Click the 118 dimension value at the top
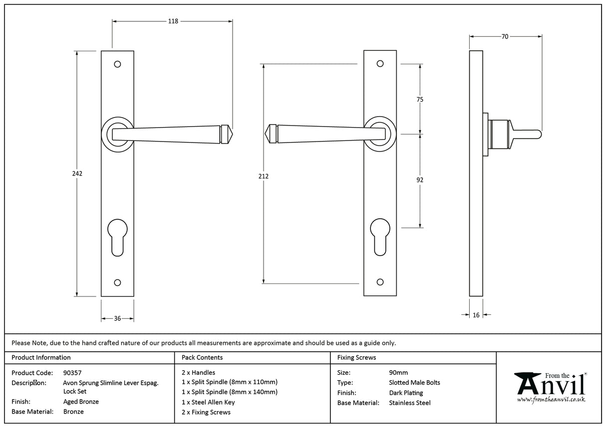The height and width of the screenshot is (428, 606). (172, 21)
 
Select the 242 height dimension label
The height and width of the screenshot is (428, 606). (77, 174)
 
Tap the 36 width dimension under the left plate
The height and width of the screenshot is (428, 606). (117, 318)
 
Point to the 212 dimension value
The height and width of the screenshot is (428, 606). (264, 176)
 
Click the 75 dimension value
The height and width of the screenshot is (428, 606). (420, 100)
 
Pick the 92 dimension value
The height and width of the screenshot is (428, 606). (420, 180)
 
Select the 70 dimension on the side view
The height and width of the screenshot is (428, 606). (505, 36)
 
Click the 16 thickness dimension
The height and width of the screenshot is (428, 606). (476, 315)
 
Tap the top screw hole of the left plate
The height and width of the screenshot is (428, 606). (117, 64)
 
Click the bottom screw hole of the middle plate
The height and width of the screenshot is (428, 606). (380, 282)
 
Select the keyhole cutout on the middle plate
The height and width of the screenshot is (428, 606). (380, 236)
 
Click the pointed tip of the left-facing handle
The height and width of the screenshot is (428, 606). (267, 134)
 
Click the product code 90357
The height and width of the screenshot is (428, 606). (72, 373)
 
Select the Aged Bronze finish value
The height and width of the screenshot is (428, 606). (81, 402)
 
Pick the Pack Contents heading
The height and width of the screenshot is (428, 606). (202, 357)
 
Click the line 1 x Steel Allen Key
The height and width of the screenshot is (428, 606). (208, 402)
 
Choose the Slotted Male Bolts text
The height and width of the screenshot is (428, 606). (414, 383)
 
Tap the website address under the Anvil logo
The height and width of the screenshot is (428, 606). (551, 400)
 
